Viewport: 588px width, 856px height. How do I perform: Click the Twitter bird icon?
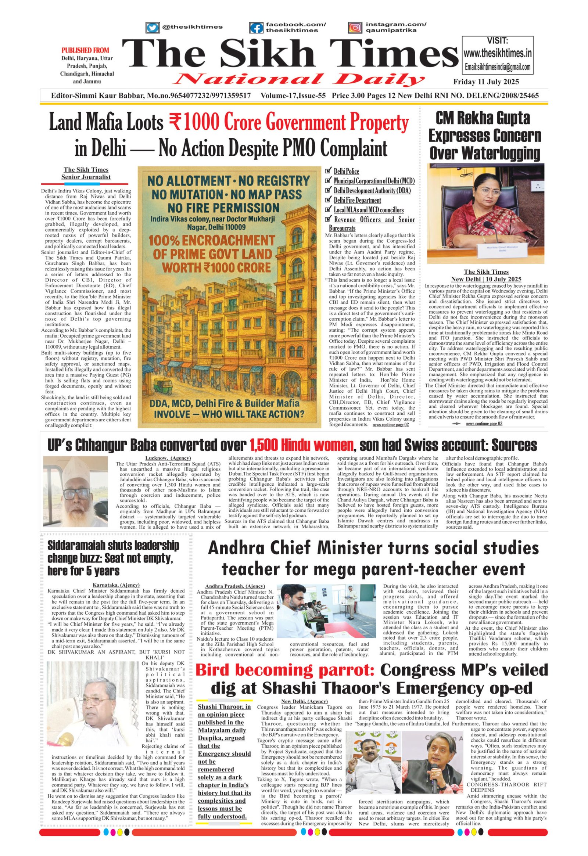coord(152,28)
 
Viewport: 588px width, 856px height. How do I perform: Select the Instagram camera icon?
coord(355,28)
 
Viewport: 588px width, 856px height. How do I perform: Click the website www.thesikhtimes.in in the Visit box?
coord(498,54)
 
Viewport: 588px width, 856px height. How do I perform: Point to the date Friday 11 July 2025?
coord(486,82)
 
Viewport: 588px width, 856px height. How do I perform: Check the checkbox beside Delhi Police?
coord(328,171)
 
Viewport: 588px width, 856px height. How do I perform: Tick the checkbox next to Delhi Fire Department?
coord(328,200)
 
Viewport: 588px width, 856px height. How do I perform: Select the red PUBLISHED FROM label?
coord(85,50)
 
